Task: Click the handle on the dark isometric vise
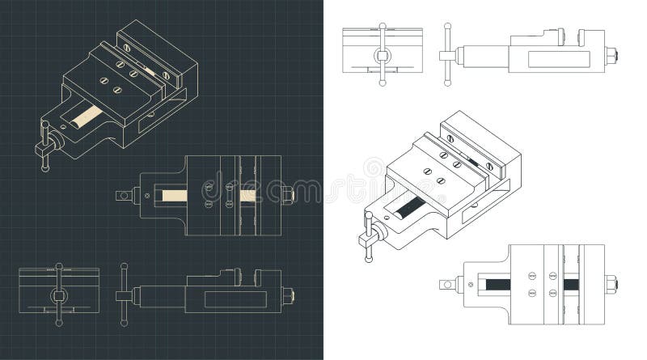coord(45,146)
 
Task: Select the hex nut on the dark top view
coord(288,195)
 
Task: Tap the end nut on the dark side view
coord(288,295)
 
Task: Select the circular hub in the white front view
coord(383,56)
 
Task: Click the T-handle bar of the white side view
coord(446,56)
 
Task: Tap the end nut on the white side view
coord(612,56)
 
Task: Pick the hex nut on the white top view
coord(611,285)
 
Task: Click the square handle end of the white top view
coord(446,285)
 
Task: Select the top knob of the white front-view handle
coord(383,26)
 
